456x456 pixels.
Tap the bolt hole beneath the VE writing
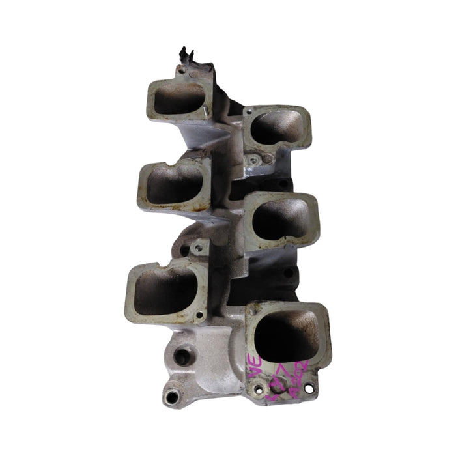[260, 390]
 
